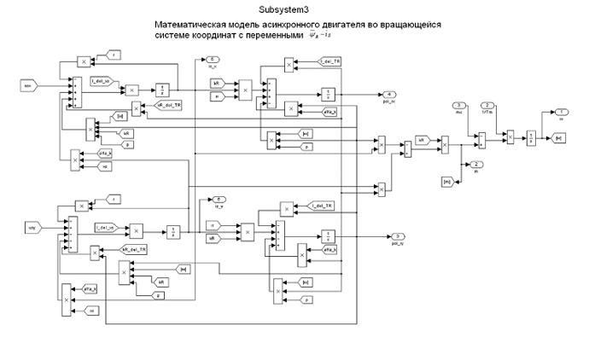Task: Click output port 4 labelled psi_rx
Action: coord(389,93)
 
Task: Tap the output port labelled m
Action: coord(477,164)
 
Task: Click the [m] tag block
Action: coord(446,181)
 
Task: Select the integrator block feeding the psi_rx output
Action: coord(330,93)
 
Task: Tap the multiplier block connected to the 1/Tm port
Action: coord(510,135)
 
